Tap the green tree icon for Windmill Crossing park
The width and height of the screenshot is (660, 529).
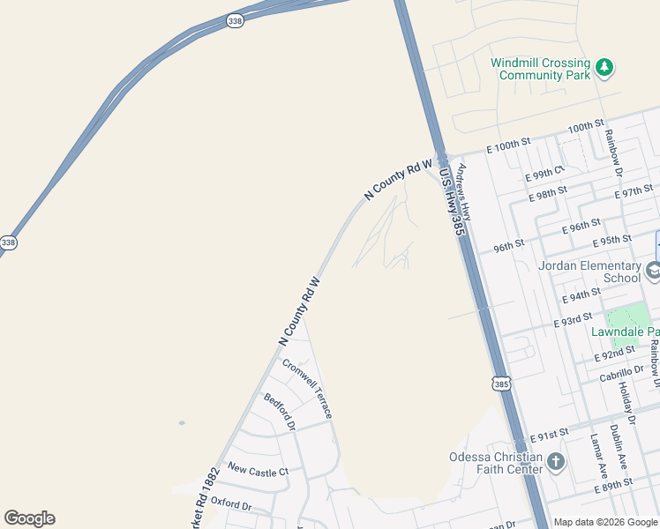pos(604,67)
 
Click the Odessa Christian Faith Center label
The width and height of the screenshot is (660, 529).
pos(495,463)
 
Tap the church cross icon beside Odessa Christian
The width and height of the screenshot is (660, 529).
pos(556,461)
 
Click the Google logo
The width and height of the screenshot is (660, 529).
pos(29,518)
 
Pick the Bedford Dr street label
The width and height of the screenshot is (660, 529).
pos(280,412)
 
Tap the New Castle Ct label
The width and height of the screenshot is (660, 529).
pos(258,472)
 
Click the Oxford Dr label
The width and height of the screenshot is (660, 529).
pos(232,506)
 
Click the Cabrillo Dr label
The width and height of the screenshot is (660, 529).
pos(621,375)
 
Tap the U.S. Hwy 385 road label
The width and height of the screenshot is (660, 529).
pos(450,201)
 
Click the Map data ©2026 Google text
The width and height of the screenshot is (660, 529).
pos(605,522)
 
